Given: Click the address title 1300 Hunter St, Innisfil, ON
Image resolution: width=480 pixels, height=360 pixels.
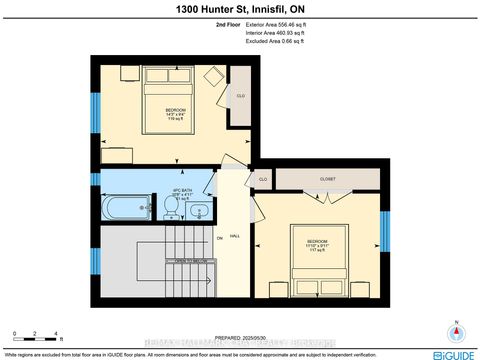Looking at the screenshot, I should (240, 9).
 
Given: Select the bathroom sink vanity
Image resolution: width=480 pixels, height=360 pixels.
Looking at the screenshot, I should (199, 210).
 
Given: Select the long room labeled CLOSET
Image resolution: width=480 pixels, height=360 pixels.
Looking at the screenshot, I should (328, 179).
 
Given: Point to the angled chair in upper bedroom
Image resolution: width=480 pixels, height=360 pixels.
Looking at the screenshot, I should (212, 75).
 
